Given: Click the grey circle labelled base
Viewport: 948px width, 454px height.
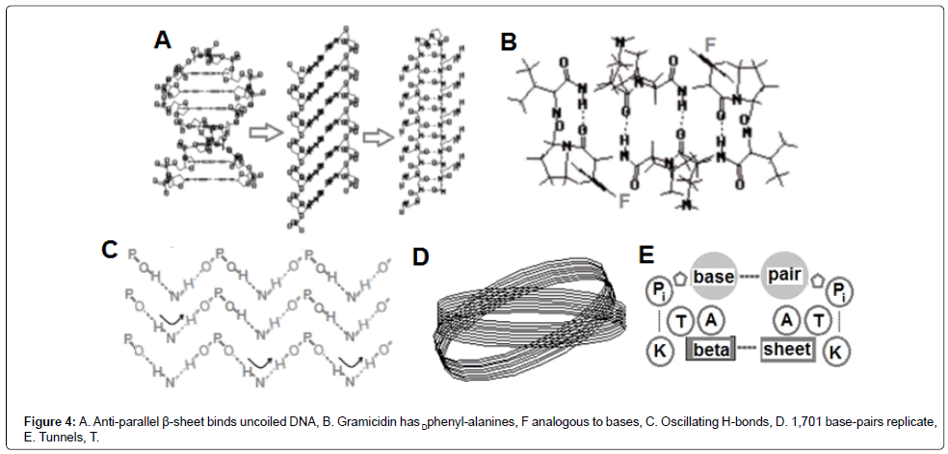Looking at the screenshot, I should [713, 277].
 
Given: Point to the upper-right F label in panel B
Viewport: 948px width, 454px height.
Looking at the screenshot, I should [711, 45].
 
